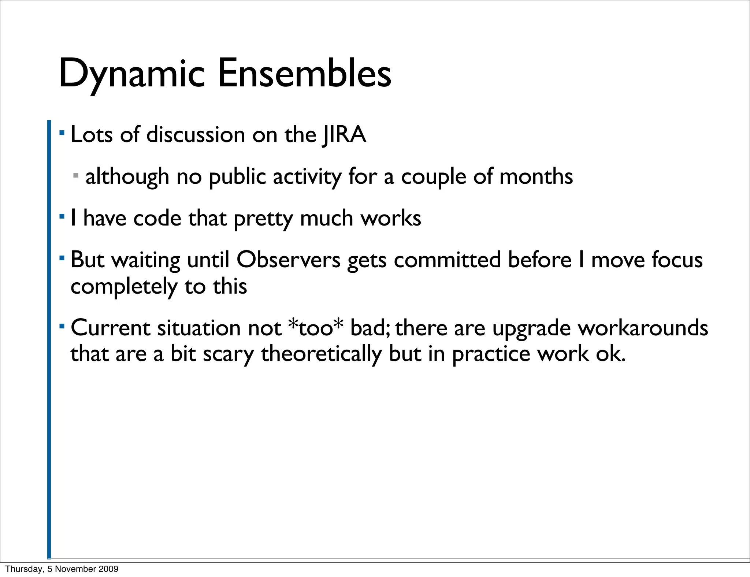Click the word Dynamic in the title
tap(131, 74)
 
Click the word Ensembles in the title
tap(304, 74)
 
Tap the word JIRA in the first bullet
tap(344, 135)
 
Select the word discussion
tap(196, 135)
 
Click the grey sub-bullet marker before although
tap(76, 176)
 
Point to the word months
tap(536, 177)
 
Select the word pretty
tap(263, 219)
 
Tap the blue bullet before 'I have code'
tap(62, 216)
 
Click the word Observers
tap(288, 260)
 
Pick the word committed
tap(447, 260)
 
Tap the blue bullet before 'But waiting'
tap(62, 258)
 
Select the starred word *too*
tap(316, 327)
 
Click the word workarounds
tap(643, 328)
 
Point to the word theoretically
tap(321, 354)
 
